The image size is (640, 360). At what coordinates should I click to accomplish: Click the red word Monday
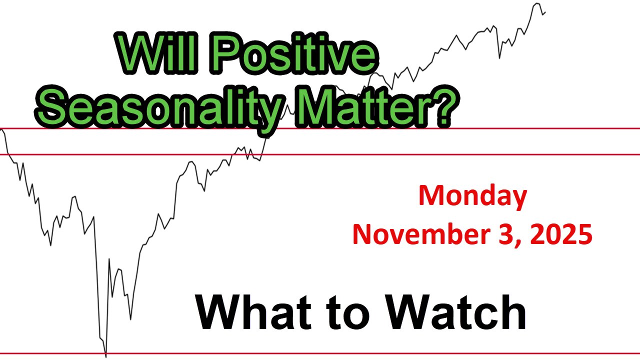pyautogui.click(x=472, y=196)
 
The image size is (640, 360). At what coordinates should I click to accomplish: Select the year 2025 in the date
pyautogui.click(x=560, y=233)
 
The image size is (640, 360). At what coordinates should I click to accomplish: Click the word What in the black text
pyautogui.click(x=248, y=312)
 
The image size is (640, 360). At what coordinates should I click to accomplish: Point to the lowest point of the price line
pyautogui.click(x=106, y=356)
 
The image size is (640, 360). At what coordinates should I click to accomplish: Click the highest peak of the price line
pyautogui.click(x=536, y=3)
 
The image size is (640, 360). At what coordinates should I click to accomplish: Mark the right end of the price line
pyautogui.click(x=545, y=11)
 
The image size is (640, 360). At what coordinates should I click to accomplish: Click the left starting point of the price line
pyautogui.click(x=2, y=130)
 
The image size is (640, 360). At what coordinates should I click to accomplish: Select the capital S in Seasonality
pyautogui.click(x=53, y=107)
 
